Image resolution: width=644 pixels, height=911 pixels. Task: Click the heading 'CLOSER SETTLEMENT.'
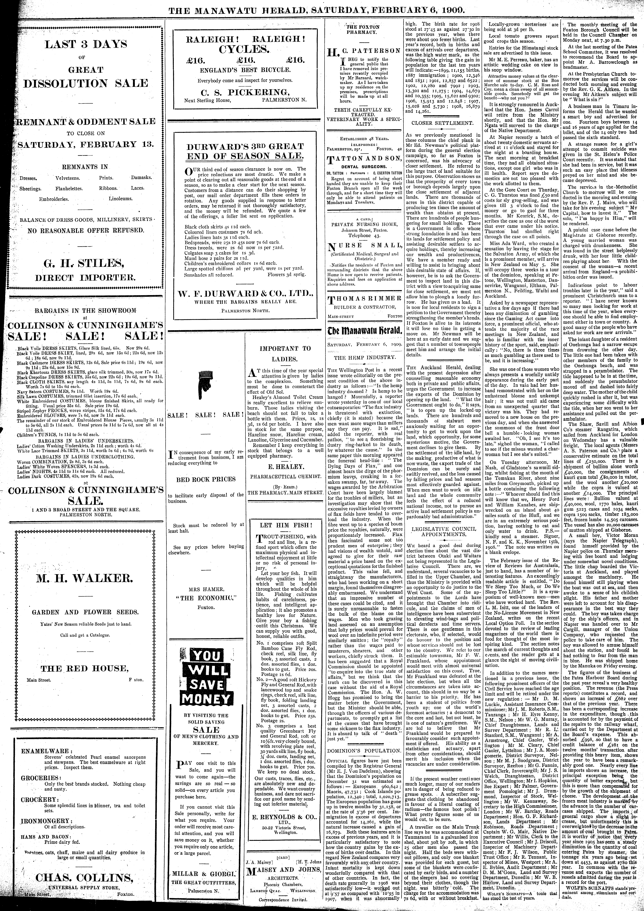[442, 123]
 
